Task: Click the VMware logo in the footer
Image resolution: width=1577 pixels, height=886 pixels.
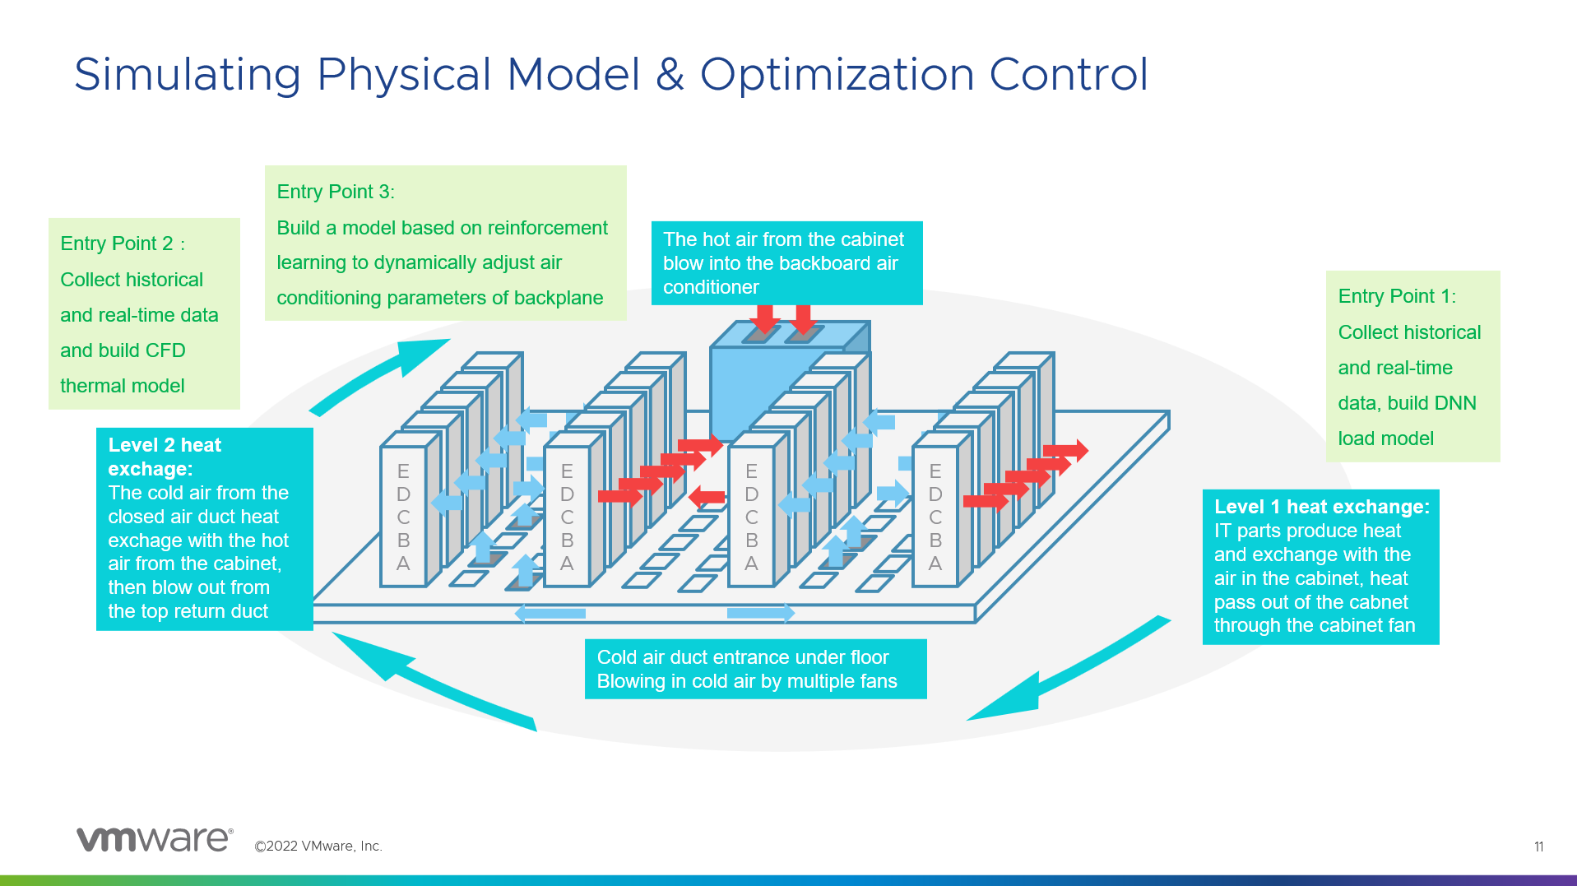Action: coord(155,839)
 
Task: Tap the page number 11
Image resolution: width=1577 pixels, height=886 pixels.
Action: coord(1538,847)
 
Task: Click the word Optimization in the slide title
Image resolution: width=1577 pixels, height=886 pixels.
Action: coord(837,75)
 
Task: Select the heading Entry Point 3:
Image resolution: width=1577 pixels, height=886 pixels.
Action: coord(336,192)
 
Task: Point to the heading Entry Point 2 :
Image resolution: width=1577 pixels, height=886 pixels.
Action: coord(123,244)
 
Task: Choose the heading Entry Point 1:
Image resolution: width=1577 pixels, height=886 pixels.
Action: coord(1396,296)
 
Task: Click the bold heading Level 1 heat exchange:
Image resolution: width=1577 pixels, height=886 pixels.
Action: coord(1321,507)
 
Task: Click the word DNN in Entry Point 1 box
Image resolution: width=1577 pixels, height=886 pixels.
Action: coord(1454,403)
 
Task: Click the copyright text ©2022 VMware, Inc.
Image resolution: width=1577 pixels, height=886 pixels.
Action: coord(318,847)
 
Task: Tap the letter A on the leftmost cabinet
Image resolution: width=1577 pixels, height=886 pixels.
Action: coord(403,564)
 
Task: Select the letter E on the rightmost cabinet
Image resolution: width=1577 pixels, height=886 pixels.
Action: coord(935,471)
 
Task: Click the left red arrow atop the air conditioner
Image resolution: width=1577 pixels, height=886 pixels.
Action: coord(765,318)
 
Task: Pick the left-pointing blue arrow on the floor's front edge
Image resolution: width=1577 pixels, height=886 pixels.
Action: coord(550,613)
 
